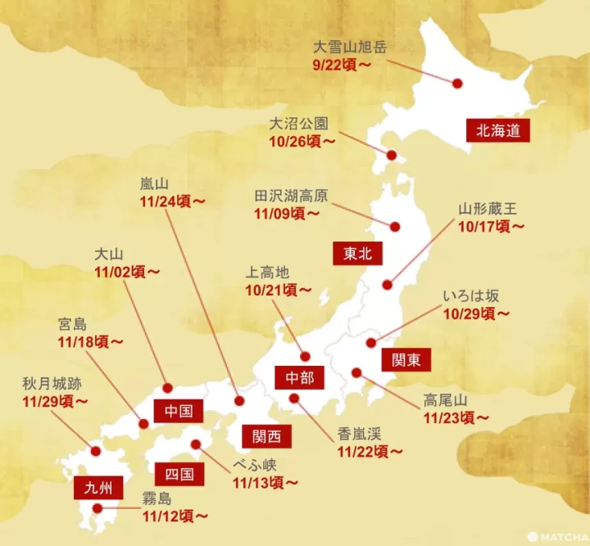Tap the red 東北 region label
(x=358, y=253)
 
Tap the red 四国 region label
(x=179, y=472)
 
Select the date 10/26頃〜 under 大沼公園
(x=302, y=141)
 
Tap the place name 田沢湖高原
(x=291, y=196)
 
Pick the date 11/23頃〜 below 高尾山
(x=456, y=417)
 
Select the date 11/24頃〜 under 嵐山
(x=173, y=199)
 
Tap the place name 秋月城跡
(x=52, y=382)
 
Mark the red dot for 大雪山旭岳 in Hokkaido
(x=456, y=82)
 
